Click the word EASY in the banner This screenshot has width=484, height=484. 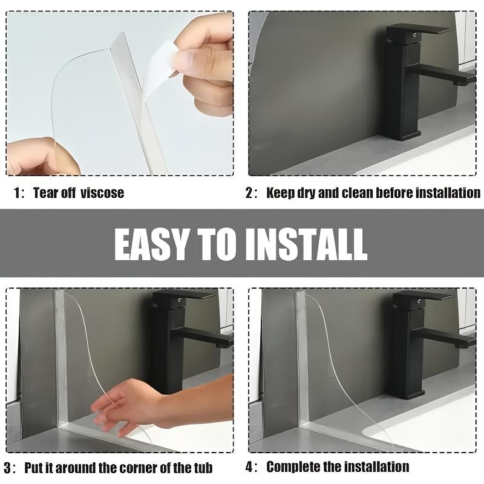[151, 245]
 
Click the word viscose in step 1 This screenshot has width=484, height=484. [102, 193]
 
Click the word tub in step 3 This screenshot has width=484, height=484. [203, 468]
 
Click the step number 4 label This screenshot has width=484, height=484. [249, 466]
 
